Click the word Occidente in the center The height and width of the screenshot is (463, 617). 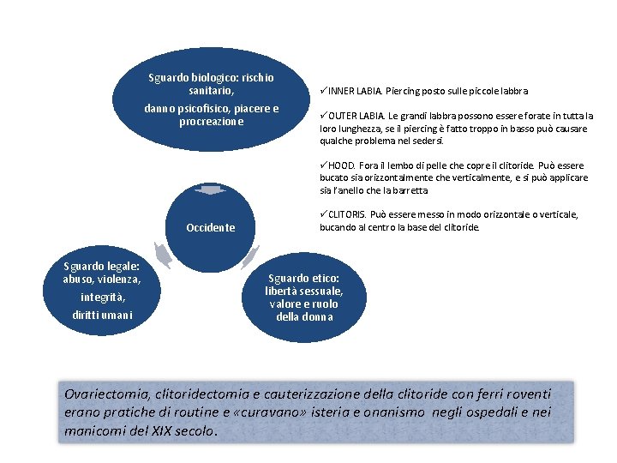coord(210,228)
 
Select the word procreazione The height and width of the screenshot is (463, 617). coord(212,122)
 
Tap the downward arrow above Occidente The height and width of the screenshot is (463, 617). coord(210,190)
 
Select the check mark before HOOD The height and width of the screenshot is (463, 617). coord(323,165)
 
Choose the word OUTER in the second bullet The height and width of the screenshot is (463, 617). coord(342,116)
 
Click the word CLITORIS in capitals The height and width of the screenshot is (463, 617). coord(346,214)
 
